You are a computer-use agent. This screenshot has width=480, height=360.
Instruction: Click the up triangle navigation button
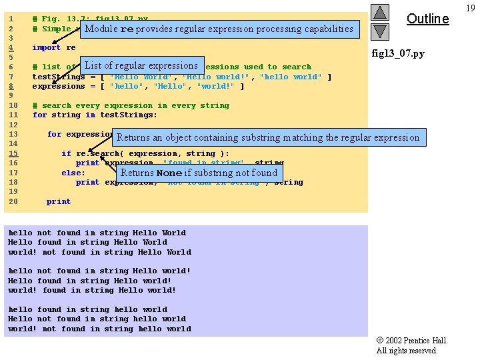(379, 12)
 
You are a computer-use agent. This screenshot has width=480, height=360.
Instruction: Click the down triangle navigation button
(379, 31)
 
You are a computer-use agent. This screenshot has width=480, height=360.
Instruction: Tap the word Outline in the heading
(427, 19)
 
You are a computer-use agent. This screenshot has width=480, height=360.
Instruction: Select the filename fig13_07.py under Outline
(397, 53)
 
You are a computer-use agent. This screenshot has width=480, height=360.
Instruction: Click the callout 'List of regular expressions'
(141, 65)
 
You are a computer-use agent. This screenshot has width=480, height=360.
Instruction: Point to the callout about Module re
(219, 29)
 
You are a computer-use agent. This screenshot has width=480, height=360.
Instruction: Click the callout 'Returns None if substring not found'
(199, 173)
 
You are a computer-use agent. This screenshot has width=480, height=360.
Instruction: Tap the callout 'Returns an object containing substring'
(267, 138)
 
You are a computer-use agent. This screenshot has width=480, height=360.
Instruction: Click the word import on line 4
(46, 47)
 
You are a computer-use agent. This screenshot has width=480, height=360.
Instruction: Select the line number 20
(13, 201)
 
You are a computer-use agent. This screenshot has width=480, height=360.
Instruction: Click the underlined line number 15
(13, 153)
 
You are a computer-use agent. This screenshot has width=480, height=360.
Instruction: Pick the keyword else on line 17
(73, 173)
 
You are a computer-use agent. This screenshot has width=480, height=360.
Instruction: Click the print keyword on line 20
(59, 201)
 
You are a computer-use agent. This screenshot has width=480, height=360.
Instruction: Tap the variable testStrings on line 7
(59, 77)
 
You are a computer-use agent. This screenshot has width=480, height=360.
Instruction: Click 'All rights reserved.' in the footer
(407, 351)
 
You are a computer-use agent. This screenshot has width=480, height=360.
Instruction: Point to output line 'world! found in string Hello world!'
(92, 290)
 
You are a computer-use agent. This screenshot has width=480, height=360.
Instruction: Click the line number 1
(13, 19)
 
